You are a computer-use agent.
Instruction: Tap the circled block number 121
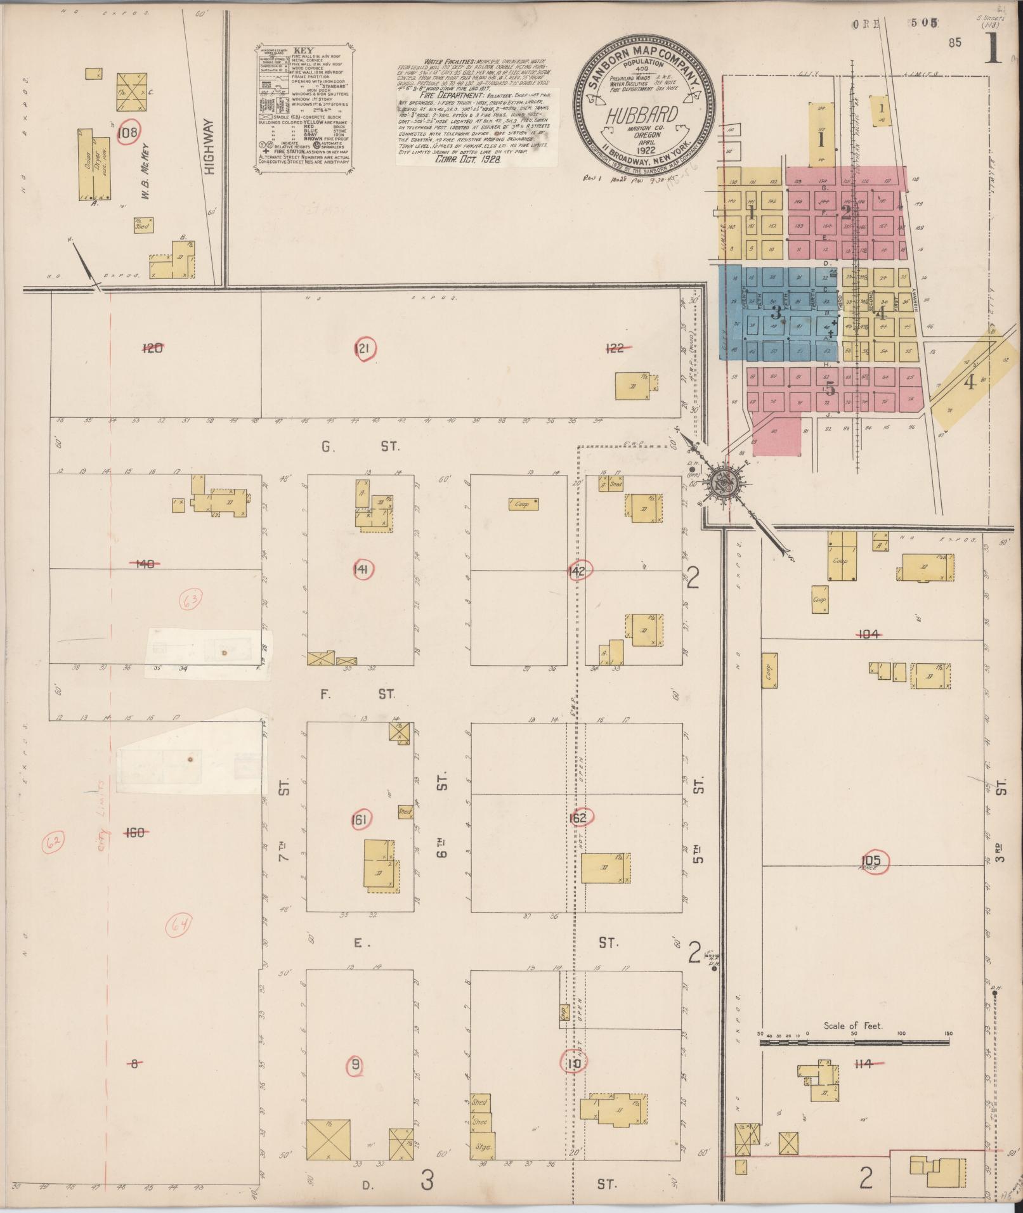point(365,347)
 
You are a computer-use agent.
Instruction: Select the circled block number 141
point(360,570)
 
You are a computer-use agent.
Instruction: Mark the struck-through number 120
point(153,347)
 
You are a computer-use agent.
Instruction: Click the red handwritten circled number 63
point(190,599)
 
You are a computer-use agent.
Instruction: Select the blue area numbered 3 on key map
point(775,312)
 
